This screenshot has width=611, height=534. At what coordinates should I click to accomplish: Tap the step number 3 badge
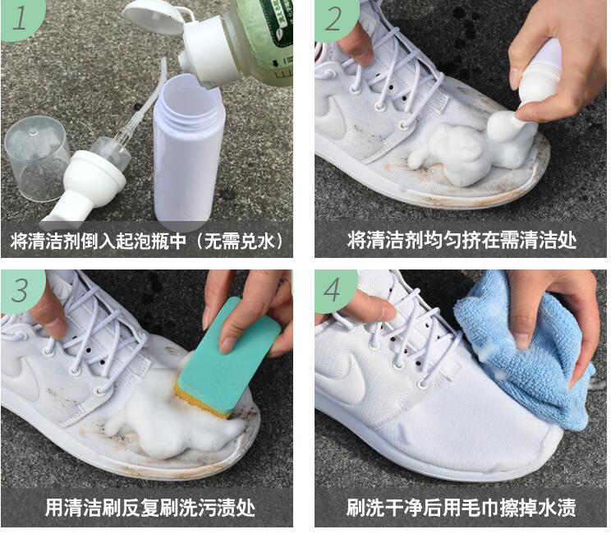pos(20,289)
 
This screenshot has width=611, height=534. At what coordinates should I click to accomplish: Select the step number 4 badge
pos(333,290)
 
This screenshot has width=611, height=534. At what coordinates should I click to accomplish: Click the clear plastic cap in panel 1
pos(36,157)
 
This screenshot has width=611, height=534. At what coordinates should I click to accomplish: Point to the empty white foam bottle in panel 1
pos(189,151)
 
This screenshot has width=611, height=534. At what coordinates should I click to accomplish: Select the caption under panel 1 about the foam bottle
pos(147,241)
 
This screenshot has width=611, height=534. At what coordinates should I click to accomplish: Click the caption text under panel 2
pos(462,240)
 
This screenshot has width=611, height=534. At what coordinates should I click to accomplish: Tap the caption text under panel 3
pos(150,508)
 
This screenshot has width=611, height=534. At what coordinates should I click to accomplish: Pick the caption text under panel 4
pos(461,508)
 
